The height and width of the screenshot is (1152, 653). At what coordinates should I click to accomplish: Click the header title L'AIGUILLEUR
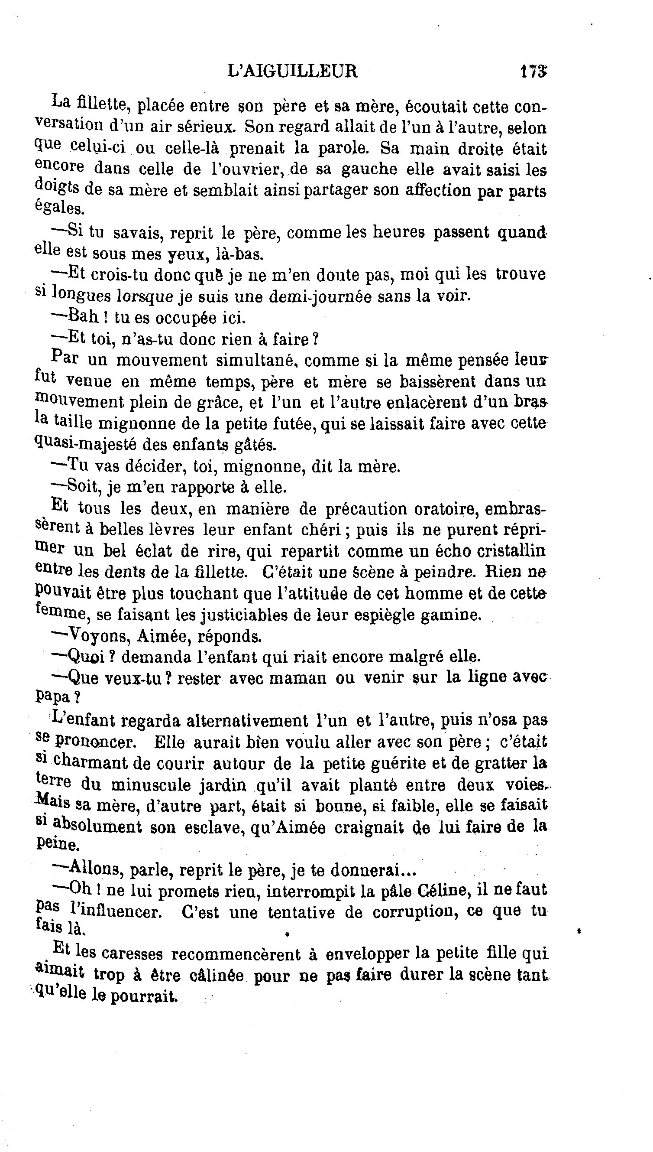[x=292, y=72]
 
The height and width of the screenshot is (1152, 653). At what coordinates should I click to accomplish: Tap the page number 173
[x=533, y=72]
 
